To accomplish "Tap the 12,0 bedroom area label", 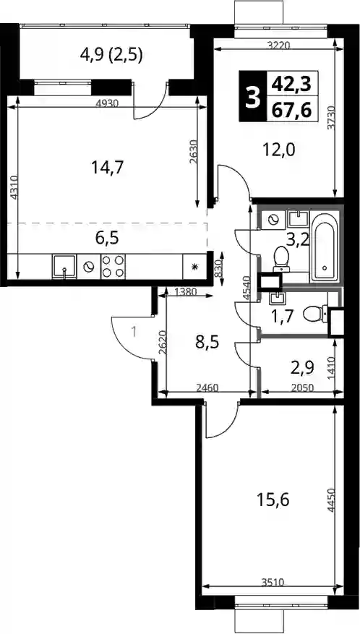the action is (279, 150).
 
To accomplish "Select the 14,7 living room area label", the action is (107, 167).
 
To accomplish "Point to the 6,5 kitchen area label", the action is (107, 238).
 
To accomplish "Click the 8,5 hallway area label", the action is (207, 343).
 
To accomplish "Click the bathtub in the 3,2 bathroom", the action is (325, 247).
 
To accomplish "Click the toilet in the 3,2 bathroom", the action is (280, 259).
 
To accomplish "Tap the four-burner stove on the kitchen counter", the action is (113, 267).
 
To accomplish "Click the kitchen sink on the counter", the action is (64, 267).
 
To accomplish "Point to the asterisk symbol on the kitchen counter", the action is (195, 267).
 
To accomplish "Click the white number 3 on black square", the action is (253, 97).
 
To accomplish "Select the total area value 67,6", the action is (292, 111).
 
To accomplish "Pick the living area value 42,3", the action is (292, 85).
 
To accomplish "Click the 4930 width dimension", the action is (107, 103).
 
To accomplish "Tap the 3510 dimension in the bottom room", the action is (273, 583).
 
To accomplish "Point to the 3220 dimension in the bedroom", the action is (279, 46).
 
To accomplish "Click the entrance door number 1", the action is (134, 333).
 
